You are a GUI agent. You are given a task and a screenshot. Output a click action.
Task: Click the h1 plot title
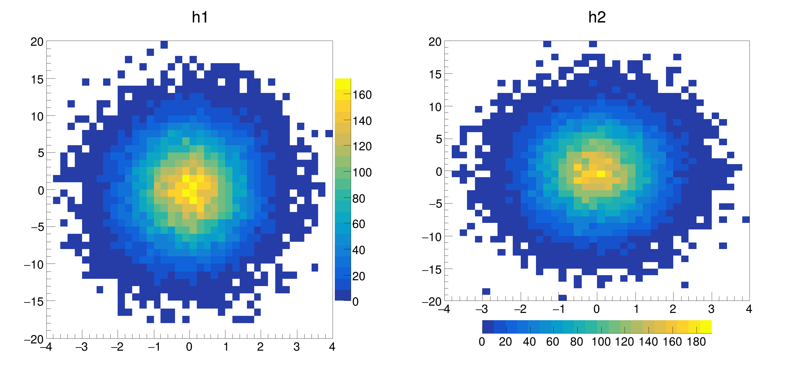[200, 17]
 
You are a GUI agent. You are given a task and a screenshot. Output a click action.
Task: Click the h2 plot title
[597, 17]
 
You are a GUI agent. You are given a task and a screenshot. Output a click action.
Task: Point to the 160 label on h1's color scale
[362, 95]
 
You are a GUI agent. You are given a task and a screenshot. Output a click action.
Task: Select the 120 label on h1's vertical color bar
[362, 146]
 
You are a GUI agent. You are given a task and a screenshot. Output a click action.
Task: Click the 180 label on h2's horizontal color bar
[696, 342]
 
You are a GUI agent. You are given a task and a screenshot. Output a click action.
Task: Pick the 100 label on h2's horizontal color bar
[601, 342]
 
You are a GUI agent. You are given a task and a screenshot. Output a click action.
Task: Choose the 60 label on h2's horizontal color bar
[552, 342]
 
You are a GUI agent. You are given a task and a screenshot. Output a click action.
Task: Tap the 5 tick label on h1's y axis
[41, 153]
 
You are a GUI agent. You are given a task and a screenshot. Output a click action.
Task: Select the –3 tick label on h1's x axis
[82, 347]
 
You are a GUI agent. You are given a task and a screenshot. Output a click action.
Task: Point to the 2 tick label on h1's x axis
[260, 347]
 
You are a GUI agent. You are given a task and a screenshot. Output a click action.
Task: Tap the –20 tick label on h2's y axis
[432, 302]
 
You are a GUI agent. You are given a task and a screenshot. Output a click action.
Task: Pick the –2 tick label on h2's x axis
[520, 309]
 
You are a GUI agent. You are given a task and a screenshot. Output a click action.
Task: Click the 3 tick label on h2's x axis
[711, 309]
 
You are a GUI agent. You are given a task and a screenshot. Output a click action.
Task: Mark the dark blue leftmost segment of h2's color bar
[488, 327]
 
